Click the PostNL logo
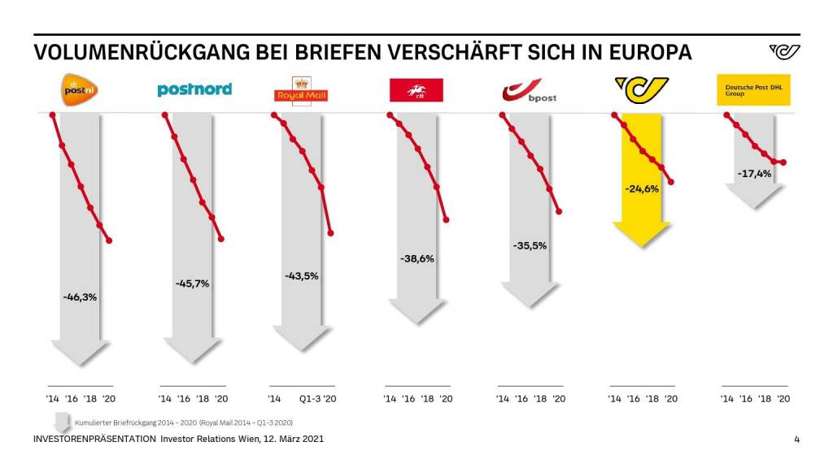[x=80, y=89]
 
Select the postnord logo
[x=194, y=89]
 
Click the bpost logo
[x=529, y=90]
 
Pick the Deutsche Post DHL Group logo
[x=752, y=90]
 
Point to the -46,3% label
[x=80, y=297]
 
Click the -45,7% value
[x=192, y=284]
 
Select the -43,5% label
[x=302, y=276]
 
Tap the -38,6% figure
[x=417, y=259]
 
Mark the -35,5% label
[x=530, y=245]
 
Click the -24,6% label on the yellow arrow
[x=642, y=189]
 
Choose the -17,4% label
[x=754, y=174]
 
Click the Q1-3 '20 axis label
[x=318, y=399]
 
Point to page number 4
[x=796, y=440]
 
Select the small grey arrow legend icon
[x=60, y=422]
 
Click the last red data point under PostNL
[x=109, y=240]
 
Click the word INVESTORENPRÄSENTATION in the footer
[x=94, y=440]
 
